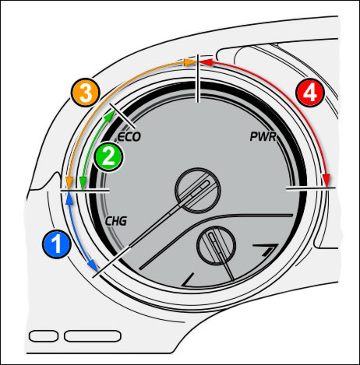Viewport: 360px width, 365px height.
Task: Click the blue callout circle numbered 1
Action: point(57,244)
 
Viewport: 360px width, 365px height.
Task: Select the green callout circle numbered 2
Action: point(108,156)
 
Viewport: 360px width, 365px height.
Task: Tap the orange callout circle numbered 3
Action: point(86,93)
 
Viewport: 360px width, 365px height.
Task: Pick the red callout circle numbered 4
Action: point(310,93)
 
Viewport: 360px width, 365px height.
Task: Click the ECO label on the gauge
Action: point(129,137)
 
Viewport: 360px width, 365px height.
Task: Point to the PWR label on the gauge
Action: point(263,137)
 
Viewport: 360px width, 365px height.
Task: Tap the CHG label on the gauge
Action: point(116,221)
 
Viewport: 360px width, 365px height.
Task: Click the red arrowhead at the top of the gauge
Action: point(206,62)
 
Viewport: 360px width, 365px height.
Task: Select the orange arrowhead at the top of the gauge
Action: point(189,62)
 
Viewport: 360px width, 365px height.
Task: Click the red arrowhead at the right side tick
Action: point(326,180)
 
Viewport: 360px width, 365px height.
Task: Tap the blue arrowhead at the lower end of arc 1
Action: point(93,265)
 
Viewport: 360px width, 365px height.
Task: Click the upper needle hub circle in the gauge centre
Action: point(198,190)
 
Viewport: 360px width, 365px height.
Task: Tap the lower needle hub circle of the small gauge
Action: point(217,245)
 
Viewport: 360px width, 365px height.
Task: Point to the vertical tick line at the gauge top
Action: point(198,79)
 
